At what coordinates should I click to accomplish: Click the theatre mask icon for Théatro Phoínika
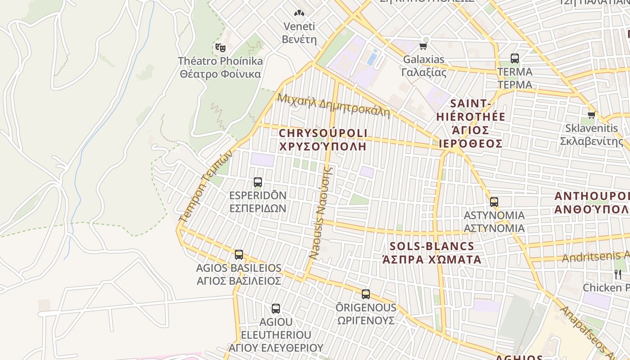pos(220,47)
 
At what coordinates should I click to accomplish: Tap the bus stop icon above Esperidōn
pos(258,182)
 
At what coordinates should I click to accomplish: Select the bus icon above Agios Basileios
pos(239,255)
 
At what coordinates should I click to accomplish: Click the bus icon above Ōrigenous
pos(366,294)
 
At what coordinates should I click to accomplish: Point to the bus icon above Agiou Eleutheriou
pos(276,309)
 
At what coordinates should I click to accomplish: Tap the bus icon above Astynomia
pos(494,202)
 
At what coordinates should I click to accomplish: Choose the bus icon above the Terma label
pos(515,58)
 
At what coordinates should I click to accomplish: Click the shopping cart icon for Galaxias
pos(423,46)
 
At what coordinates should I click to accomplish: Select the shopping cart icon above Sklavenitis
pos(591,115)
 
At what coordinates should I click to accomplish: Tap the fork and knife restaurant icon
pos(618,274)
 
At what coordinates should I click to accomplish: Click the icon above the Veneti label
pos(299,13)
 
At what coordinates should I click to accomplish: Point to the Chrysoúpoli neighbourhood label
pos(323,133)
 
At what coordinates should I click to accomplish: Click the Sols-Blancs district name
pos(432,246)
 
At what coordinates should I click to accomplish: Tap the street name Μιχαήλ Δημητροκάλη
pos(333,105)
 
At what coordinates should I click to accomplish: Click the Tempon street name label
pos(205,185)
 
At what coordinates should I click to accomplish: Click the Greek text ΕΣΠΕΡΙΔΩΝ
pos(258,208)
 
